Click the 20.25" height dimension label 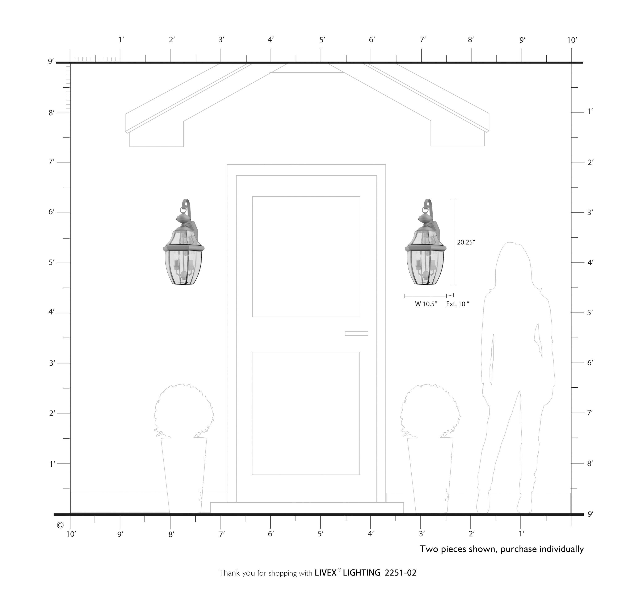[x=466, y=242]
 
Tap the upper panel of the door [x=306, y=256]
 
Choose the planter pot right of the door [x=430, y=474]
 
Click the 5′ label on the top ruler [x=322, y=40]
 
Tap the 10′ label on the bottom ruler [x=71, y=534]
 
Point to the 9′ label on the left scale [x=51, y=61]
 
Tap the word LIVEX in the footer [x=325, y=573]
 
